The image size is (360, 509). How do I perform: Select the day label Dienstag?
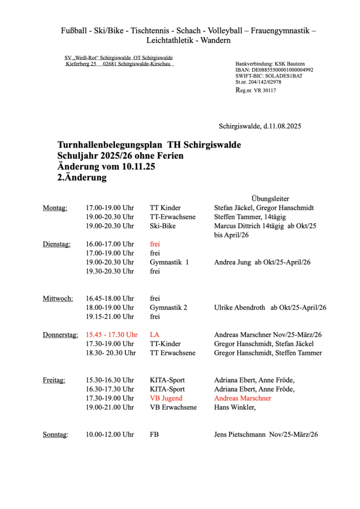click(57, 244)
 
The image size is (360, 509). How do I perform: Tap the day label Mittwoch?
click(58, 299)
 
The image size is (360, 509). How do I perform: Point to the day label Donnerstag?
click(60, 335)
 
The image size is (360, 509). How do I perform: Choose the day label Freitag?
click(54, 380)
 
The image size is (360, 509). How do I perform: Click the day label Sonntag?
click(55, 434)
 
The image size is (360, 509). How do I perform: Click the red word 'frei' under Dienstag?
click(155, 244)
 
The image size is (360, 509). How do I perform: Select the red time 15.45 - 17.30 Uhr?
click(111, 335)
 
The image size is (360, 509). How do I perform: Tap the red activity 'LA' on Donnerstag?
click(154, 335)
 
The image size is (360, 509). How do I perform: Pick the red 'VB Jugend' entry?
click(166, 398)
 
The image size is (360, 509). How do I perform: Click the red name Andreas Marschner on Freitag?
click(243, 398)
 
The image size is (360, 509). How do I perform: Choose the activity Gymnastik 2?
click(169, 308)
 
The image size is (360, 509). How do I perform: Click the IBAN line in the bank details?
click(274, 71)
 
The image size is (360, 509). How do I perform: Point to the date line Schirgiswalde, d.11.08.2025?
click(260, 126)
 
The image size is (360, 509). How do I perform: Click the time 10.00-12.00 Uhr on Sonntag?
click(110, 434)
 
